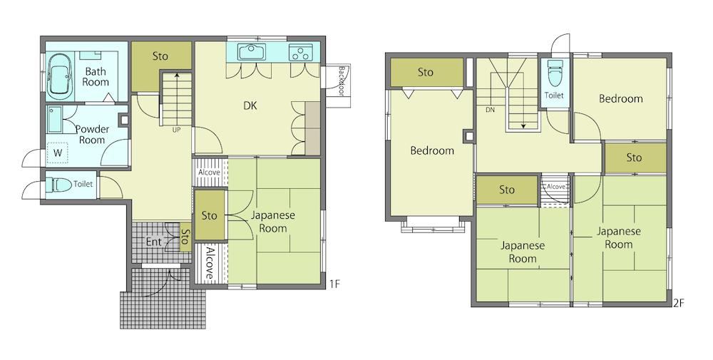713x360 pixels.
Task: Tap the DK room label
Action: [x=250, y=106]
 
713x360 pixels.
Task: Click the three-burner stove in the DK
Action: [x=301, y=53]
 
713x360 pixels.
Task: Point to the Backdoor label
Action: [x=342, y=81]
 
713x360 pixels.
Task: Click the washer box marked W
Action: [x=58, y=153]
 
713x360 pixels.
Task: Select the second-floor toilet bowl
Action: [x=554, y=73]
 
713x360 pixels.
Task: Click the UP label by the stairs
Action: [x=176, y=130]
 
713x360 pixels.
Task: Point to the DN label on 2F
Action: [x=491, y=110]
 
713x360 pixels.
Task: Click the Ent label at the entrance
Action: [x=154, y=242]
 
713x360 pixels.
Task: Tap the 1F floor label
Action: [x=334, y=284]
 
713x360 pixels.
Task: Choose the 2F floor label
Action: [x=679, y=302]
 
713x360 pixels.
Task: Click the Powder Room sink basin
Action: [x=56, y=119]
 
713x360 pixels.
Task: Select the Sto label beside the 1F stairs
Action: [x=160, y=56]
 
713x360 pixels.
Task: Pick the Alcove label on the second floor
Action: [x=555, y=187]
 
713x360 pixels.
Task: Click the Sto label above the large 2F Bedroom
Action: [x=426, y=72]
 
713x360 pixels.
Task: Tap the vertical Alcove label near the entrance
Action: [x=210, y=263]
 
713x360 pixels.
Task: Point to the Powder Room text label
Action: [x=92, y=135]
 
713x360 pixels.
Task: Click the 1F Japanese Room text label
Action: [x=273, y=222]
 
